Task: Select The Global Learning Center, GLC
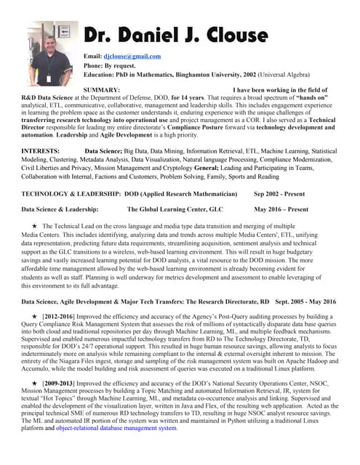pyautogui.click(x=175, y=209)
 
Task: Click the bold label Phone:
pyautogui.click(x=95, y=65)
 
